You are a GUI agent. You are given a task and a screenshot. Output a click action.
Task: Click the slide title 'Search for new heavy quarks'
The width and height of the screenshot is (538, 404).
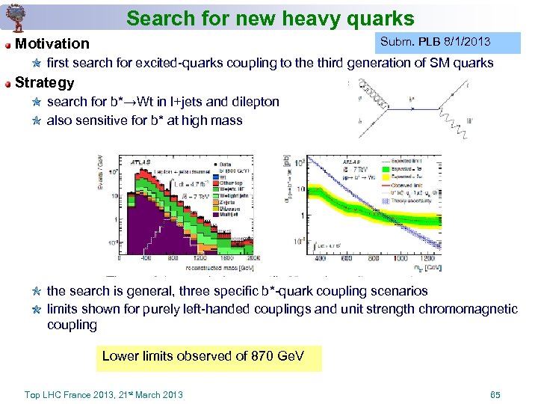coord(270,18)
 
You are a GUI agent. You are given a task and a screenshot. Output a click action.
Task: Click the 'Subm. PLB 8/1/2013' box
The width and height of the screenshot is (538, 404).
coord(435,42)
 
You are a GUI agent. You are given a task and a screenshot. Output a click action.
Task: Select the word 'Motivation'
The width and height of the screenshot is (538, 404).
coord(52,44)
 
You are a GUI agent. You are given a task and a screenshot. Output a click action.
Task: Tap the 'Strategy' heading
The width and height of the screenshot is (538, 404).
coord(45,82)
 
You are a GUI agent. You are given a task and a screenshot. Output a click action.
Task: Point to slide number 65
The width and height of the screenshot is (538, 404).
coord(495,394)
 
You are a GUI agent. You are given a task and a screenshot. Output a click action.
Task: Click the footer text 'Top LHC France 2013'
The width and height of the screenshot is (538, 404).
coord(103,394)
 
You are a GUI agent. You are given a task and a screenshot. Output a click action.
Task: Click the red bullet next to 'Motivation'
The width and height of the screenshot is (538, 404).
coord(7,45)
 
